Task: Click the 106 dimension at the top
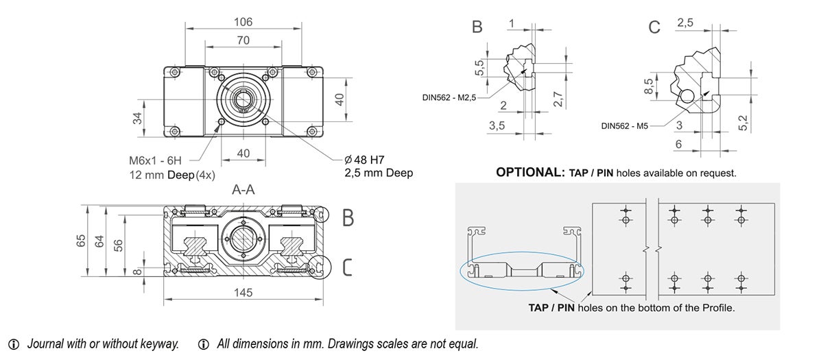pyautogui.click(x=243, y=22)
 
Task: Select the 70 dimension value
pyautogui.click(x=243, y=40)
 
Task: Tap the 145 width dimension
pyautogui.click(x=243, y=293)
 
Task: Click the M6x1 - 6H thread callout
pyautogui.click(x=156, y=160)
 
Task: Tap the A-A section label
pyautogui.click(x=243, y=190)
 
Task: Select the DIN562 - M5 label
pyautogui.click(x=623, y=125)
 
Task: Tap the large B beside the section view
pyautogui.click(x=348, y=218)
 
